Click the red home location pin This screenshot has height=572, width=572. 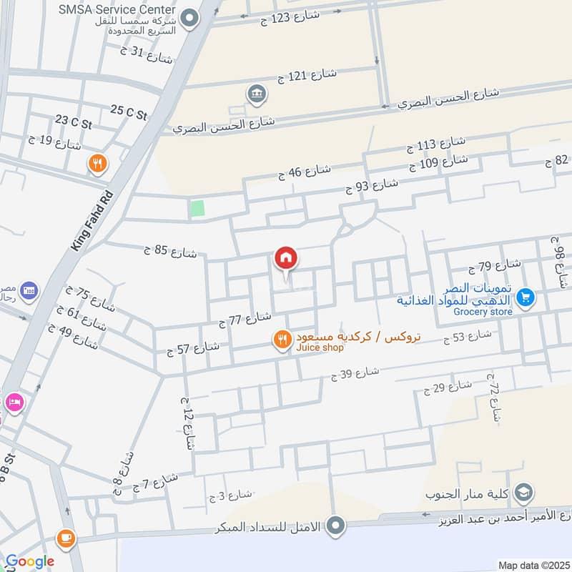pyautogui.click(x=286, y=258)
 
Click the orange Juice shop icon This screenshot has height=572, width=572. pyautogui.click(x=283, y=340)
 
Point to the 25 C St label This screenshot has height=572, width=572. pyautogui.click(x=129, y=112)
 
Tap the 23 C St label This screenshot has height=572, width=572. pyautogui.click(x=74, y=123)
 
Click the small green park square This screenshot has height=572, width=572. pyautogui.click(x=197, y=209)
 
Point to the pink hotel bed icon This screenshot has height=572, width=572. pyautogui.click(x=14, y=403)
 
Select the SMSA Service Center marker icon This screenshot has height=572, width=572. pyautogui.click(x=189, y=18)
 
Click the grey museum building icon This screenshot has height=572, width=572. pyautogui.click(x=255, y=93)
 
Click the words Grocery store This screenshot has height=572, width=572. pyautogui.click(x=483, y=312)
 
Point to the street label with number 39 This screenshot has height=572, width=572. pyautogui.click(x=355, y=373)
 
